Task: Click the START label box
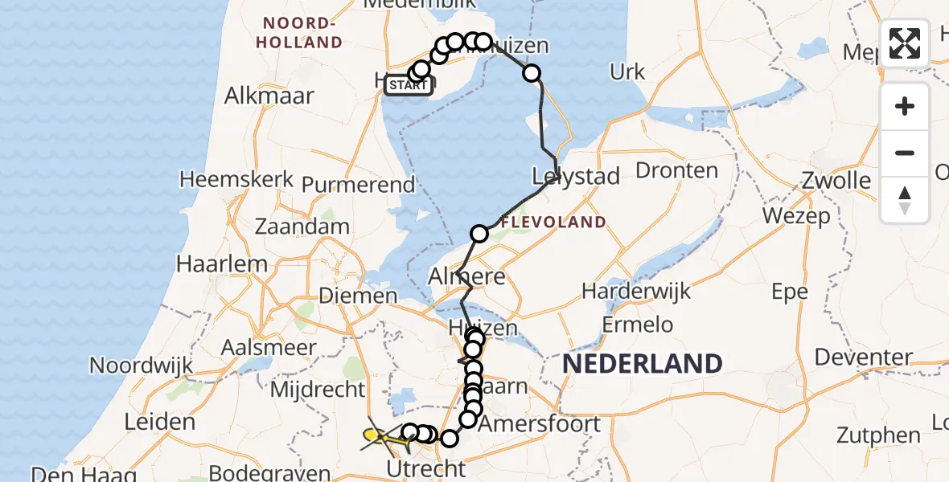[x=409, y=85]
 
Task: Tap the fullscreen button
[x=905, y=43]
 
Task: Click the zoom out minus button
[x=905, y=153]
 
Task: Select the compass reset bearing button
[x=905, y=199]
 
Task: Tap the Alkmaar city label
[x=269, y=96]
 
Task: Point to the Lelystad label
[x=577, y=176]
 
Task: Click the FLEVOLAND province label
[x=553, y=222]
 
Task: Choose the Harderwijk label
[x=636, y=290]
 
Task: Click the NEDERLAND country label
[x=642, y=363]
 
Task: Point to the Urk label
[x=627, y=72]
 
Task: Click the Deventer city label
[x=863, y=357]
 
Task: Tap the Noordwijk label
[x=141, y=366]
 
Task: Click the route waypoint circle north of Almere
[x=479, y=234]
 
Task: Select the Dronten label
[x=676, y=170]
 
